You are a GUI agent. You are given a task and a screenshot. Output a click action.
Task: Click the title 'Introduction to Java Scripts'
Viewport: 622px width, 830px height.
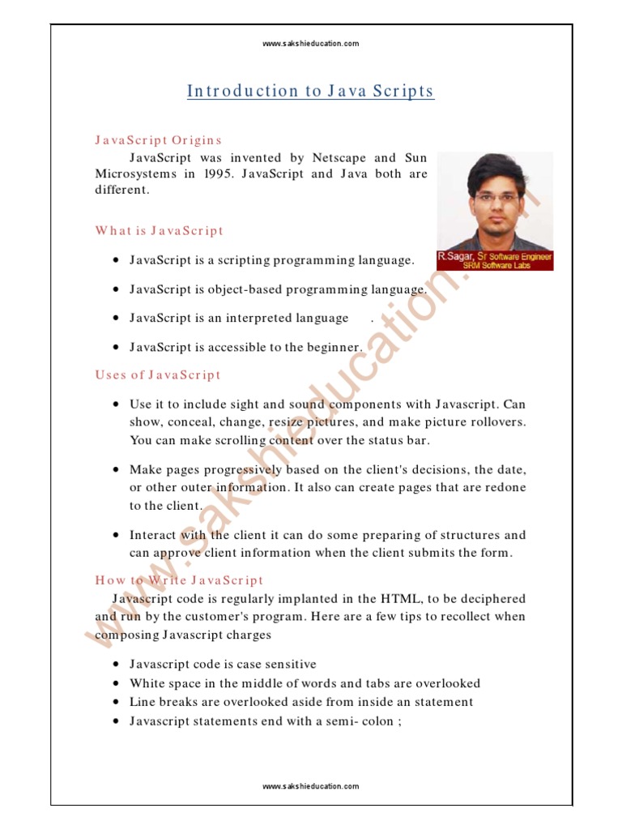311,91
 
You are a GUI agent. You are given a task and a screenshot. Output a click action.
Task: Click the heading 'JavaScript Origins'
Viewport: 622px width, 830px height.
159,140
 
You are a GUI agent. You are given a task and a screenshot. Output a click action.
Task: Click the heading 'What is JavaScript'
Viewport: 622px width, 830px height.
159,231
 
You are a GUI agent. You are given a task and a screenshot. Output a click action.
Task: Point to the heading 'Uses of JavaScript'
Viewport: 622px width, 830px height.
158,374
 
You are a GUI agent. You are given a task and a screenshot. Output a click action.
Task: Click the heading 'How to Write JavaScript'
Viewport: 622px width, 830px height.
179,580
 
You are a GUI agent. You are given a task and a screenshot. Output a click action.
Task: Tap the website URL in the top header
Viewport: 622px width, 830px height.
311,43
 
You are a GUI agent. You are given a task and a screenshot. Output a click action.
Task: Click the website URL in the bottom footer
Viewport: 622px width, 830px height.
311,786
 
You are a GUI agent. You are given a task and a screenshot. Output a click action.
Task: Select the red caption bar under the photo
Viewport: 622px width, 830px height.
495,260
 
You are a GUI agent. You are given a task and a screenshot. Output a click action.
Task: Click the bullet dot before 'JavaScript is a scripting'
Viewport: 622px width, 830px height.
117,260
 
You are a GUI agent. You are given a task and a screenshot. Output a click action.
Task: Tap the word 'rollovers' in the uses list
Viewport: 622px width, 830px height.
497,422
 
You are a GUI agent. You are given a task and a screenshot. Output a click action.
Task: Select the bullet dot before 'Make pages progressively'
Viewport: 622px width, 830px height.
117,470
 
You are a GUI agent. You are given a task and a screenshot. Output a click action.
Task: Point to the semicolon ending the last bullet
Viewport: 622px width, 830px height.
399,721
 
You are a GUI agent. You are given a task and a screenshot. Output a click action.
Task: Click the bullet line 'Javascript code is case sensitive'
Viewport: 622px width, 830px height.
223,664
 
